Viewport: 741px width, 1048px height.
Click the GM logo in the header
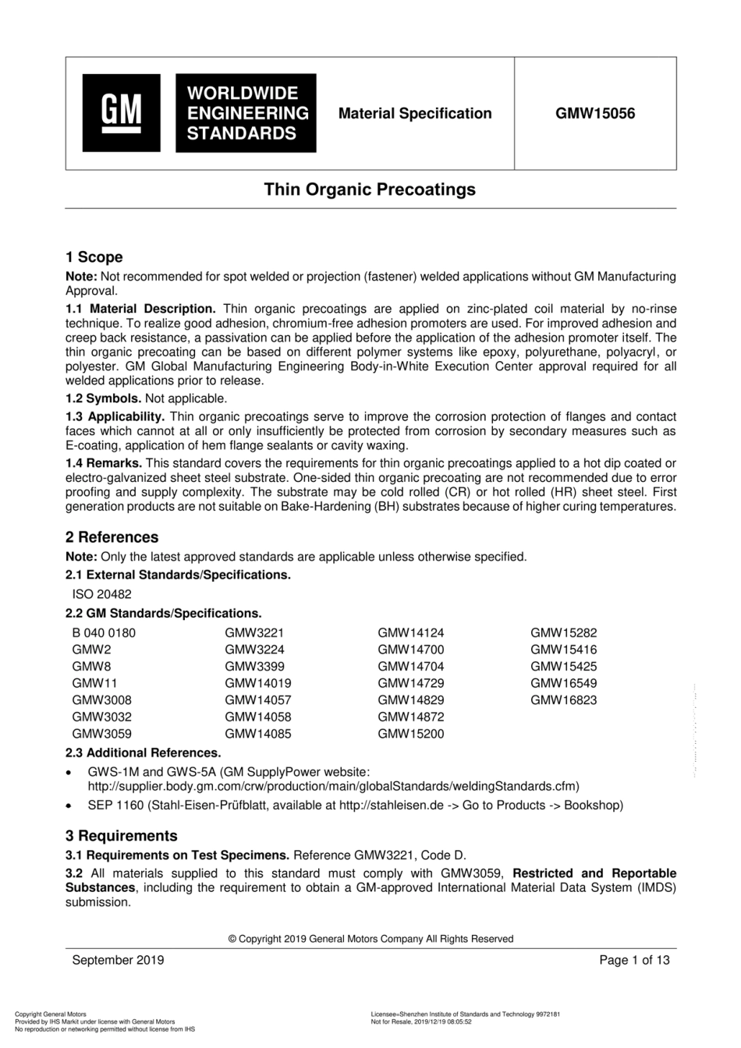pos(122,113)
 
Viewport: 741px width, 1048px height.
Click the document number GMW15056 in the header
pos(595,114)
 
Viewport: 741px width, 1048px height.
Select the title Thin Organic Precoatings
pos(370,189)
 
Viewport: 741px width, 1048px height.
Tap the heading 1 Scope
pos(94,257)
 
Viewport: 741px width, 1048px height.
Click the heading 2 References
pos(112,537)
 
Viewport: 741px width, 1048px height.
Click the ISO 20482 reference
pos(102,594)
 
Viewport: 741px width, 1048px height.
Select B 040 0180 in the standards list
pos(104,633)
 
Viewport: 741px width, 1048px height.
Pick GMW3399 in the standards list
pos(254,667)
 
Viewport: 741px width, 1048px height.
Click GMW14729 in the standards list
pos(410,683)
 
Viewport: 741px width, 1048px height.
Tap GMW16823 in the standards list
pos(563,700)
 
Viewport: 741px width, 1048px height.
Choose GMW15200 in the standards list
pos(410,734)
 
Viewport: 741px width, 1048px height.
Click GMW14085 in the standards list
pos(257,734)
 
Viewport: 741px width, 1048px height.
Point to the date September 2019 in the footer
pos(118,960)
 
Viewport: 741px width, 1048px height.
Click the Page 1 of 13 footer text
pos(634,960)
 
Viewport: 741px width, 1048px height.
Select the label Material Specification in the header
pos(415,114)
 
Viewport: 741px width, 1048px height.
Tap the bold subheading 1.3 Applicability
pos(115,417)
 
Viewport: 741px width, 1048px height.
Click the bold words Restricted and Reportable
pos(594,873)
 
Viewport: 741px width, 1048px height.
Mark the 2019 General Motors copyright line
pos(370,939)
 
